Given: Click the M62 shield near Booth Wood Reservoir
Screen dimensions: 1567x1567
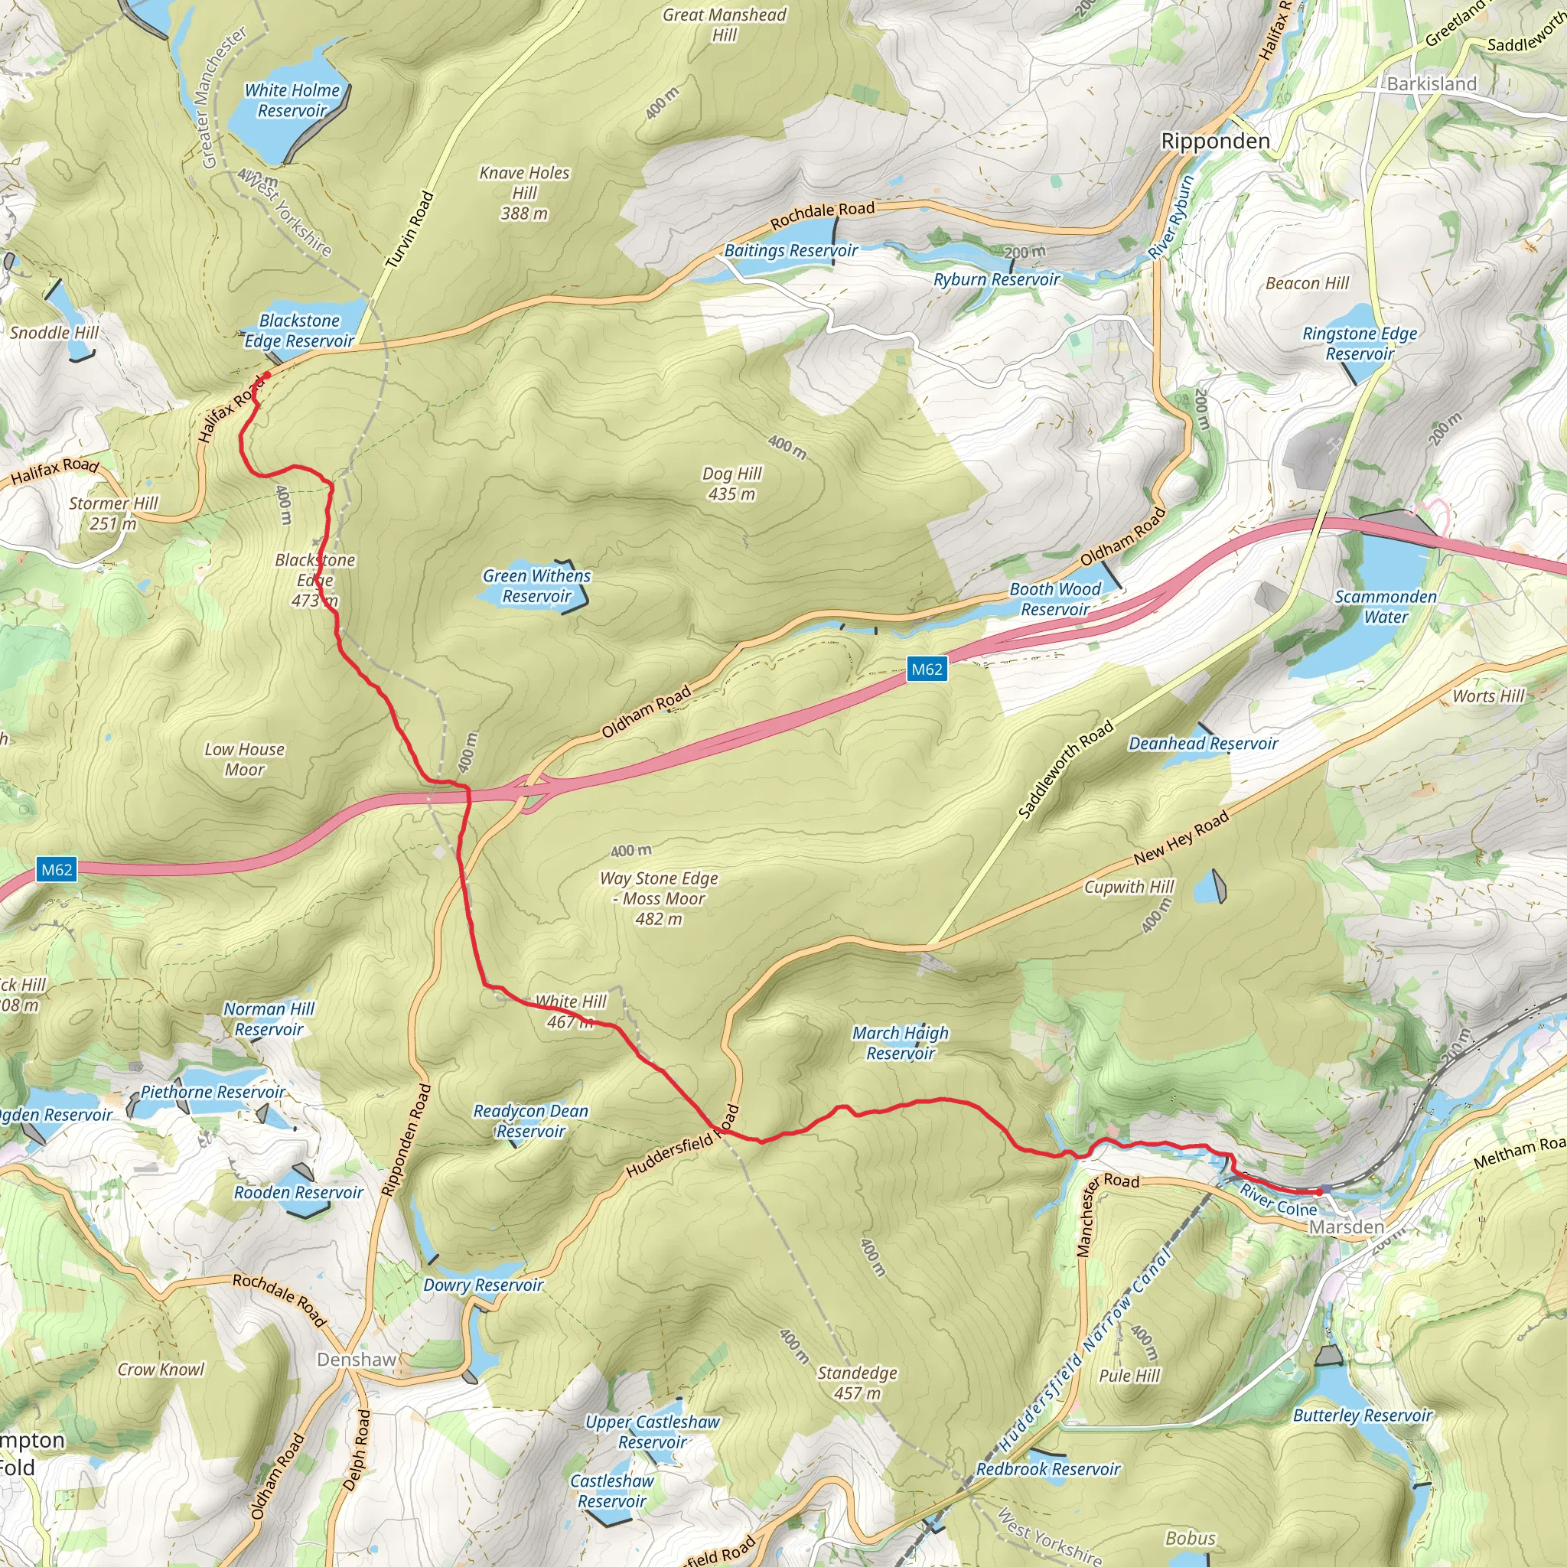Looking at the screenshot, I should coord(927,669).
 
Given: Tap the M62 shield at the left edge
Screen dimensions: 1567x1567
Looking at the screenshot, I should coord(57,870).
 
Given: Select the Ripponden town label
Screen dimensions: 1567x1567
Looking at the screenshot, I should coord(1215,141).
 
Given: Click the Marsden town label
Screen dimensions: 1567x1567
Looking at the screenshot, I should coord(1346,1227).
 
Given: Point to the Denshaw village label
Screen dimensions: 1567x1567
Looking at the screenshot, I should coord(357,1360).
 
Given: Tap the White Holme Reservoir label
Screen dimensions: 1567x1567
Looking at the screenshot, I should coord(292,100).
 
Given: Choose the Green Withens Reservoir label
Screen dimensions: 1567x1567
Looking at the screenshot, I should coord(536,585).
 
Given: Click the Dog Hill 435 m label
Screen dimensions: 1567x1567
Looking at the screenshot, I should coord(731,484).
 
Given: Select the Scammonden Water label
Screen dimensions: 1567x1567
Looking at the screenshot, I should coord(1386,607).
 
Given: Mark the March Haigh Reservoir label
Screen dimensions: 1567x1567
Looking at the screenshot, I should coord(901,1043).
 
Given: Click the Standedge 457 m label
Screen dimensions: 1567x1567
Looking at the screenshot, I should coord(857,1383).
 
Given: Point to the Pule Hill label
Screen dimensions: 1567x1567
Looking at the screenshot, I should coord(1129,1376).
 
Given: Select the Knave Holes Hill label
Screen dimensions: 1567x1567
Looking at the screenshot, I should coord(524,192).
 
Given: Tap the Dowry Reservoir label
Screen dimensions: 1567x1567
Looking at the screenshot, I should coord(483,1285).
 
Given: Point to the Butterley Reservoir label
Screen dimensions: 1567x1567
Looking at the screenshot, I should coord(1363,1416).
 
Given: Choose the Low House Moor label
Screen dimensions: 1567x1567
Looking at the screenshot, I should coord(244,759).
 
